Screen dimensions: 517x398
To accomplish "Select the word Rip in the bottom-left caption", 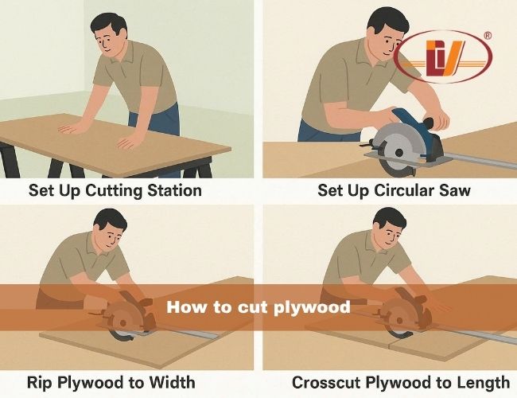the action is point(39,384).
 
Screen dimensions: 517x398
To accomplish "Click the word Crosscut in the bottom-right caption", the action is point(326,383).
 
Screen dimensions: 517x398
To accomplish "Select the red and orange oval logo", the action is point(443,57).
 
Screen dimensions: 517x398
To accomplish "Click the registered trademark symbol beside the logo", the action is point(488,36).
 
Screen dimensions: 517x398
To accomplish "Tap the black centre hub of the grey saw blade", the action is point(399,152).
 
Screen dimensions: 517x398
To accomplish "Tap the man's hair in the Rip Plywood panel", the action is point(111,219).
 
